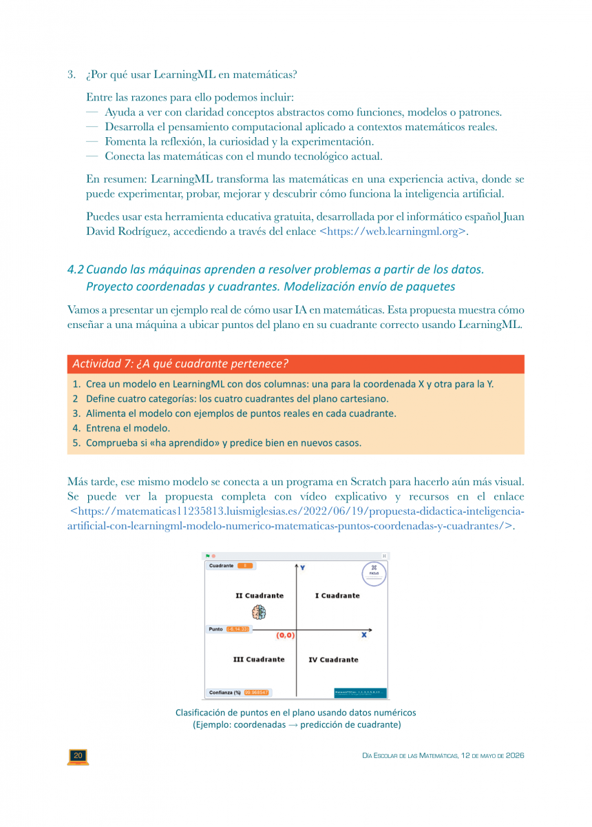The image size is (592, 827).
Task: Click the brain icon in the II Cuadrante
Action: pos(259,612)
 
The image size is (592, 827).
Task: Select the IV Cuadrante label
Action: pos(333,660)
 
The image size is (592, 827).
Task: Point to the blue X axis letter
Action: pos(363,635)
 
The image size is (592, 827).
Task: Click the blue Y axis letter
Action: pos(303,568)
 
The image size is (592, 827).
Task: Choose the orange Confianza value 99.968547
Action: pos(256,693)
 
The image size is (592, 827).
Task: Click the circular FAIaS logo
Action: pos(374,574)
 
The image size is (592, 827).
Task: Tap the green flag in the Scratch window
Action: pos(208,556)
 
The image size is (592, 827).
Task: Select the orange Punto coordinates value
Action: pos(238,629)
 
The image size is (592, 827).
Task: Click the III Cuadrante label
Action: pos(259,660)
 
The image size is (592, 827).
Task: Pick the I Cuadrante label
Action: pos(337,595)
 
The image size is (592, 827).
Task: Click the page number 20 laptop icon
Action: pos(78,756)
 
